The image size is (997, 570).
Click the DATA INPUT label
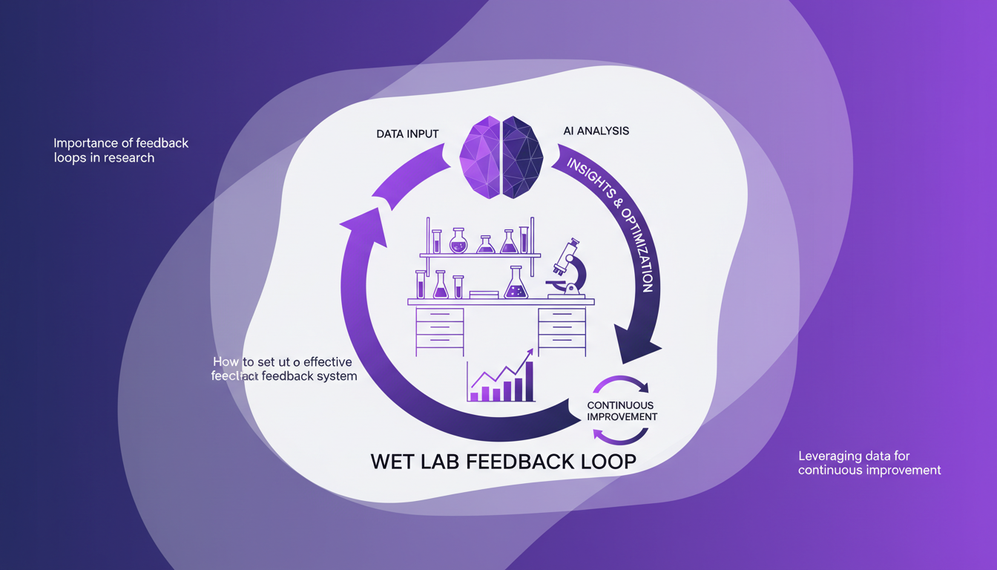pos(407,134)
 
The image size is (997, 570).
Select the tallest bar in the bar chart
pos(528,381)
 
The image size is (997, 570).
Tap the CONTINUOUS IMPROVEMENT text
pos(621,411)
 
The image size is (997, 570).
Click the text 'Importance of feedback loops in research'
pos(121,150)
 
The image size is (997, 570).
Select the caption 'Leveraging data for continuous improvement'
pos(869,463)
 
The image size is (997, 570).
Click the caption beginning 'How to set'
pos(285,369)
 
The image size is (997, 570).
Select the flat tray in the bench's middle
pos(484,295)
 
